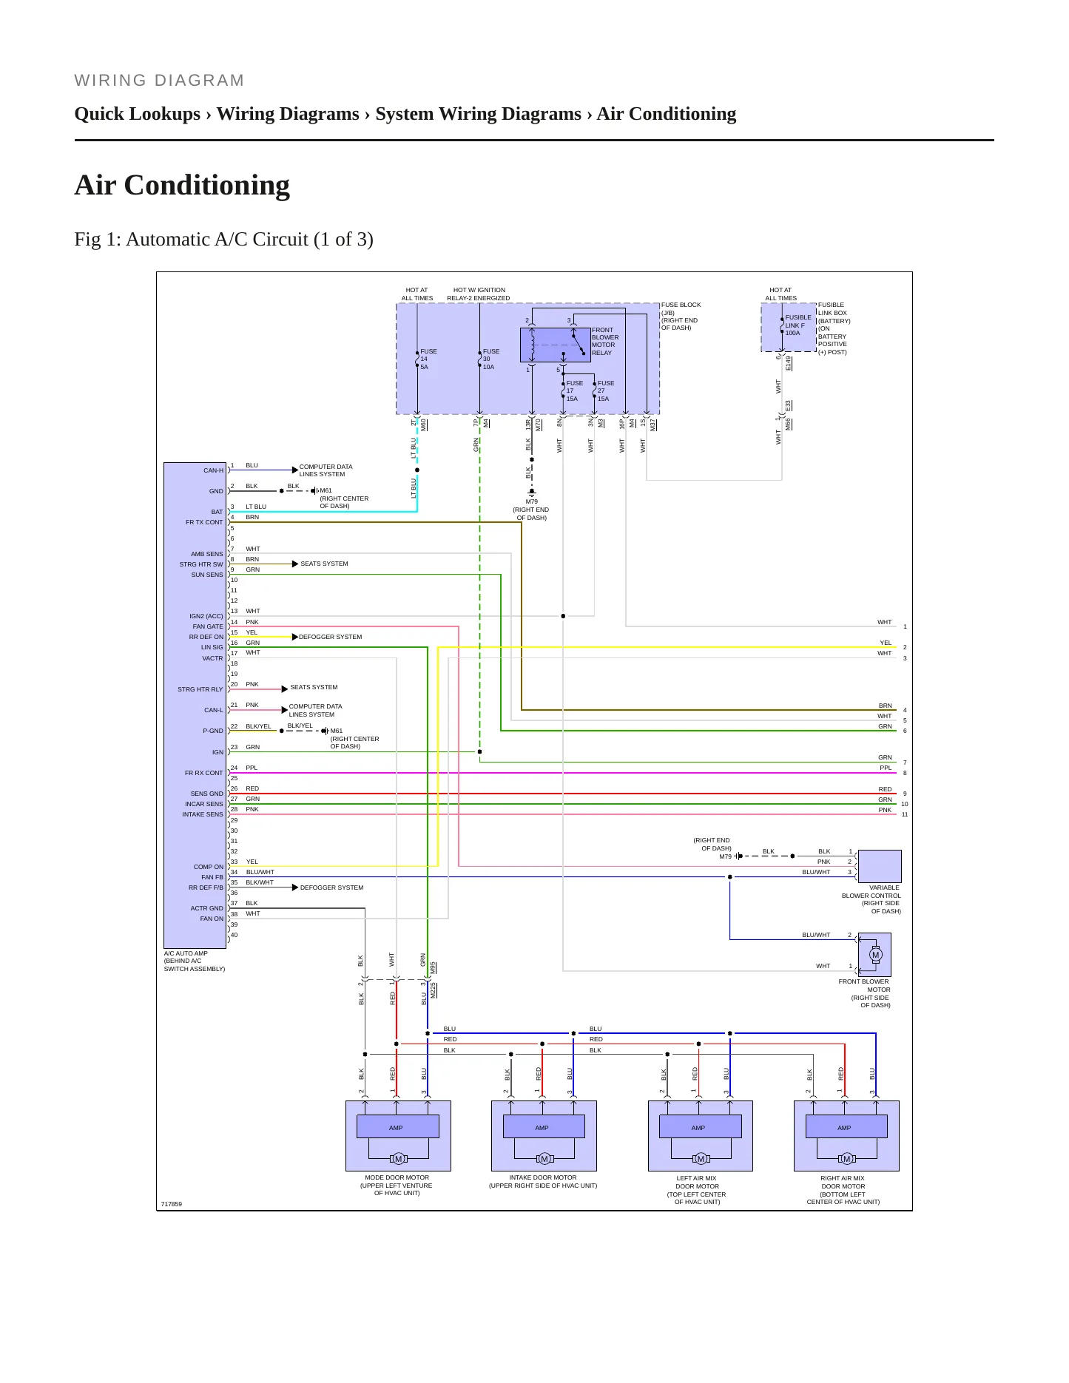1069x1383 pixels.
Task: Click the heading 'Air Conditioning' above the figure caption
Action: [182, 185]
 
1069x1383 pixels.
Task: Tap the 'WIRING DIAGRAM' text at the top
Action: [159, 80]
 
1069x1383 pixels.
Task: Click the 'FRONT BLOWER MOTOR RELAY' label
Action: [605, 341]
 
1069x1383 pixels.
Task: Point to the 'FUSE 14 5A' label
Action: [428, 359]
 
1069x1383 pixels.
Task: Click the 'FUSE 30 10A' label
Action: [491, 359]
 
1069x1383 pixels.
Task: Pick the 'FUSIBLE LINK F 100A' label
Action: [798, 325]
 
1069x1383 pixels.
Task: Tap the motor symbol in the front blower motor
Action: [876, 955]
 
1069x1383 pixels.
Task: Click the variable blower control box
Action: [880, 866]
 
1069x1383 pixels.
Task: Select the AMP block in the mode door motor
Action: [397, 1127]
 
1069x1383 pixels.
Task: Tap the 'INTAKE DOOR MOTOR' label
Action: [543, 1177]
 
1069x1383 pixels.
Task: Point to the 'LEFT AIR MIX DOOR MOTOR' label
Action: [697, 1182]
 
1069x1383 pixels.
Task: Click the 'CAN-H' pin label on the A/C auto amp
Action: [213, 470]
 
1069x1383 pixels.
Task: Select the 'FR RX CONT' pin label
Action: [203, 773]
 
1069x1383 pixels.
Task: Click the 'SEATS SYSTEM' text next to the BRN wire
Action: [324, 564]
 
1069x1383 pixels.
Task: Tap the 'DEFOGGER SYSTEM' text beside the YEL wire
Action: [330, 637]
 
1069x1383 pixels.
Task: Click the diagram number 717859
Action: [171, 1204]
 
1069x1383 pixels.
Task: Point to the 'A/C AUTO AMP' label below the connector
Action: [186, 953]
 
